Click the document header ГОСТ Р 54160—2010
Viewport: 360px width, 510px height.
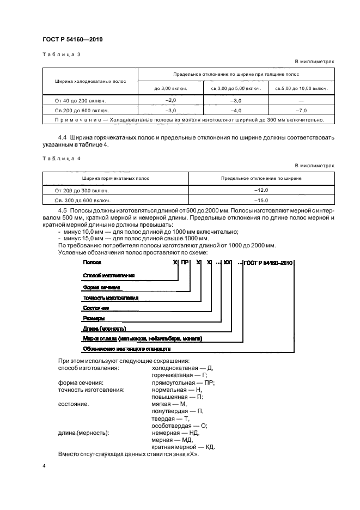click(72, 40)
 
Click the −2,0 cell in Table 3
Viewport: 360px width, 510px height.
click(170, 101)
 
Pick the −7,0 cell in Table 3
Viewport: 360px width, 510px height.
click(301, 110)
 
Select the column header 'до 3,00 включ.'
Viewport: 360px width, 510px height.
click(170, 88)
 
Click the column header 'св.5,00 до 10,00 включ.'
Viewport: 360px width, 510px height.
click(301, 88)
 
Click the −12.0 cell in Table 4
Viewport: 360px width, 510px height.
click(262, 190)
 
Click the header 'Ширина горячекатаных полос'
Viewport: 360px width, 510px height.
click(116, 178)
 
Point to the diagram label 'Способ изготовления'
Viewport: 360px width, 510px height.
click(108, 276)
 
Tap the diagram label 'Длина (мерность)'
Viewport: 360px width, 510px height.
click(105, 329)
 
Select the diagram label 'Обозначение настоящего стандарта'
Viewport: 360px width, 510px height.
click(127, 348)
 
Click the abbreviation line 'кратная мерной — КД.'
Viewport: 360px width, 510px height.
click(183, 447)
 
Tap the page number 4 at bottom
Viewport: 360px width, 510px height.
click(45, 466)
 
